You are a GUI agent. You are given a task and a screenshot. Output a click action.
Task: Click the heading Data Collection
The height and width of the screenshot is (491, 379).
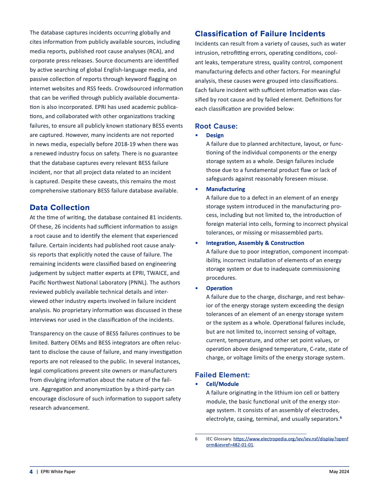59,207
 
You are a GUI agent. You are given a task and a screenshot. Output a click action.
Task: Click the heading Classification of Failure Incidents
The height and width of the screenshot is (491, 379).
260,34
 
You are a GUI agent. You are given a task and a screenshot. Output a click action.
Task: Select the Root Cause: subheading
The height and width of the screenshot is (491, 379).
216,126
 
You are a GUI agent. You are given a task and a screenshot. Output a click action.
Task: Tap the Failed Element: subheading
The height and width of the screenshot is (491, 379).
222,375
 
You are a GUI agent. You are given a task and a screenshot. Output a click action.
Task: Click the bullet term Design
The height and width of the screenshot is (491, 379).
215,135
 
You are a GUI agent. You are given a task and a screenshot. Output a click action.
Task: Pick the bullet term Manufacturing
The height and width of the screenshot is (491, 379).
225,189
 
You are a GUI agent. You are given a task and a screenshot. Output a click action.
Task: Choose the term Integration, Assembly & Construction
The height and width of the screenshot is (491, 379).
255,243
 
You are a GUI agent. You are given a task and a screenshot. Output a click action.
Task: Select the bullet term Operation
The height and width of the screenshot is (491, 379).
219,288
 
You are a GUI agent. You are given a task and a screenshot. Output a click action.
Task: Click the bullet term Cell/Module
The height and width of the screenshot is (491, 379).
222,384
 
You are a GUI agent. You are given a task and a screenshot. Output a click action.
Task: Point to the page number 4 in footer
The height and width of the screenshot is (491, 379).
31,472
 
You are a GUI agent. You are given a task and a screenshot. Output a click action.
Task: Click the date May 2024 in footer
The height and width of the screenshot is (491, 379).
339,472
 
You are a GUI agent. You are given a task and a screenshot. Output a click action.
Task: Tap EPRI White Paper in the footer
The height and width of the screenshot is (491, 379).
58,472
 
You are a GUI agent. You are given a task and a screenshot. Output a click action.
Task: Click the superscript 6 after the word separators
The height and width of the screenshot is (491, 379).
341,417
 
